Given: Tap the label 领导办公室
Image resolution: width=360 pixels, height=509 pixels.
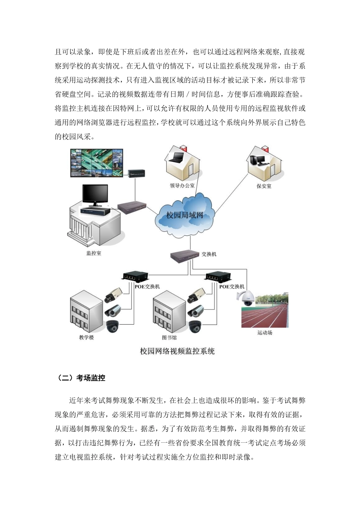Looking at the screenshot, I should click(182, 186).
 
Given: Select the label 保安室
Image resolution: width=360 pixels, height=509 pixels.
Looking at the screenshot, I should click(264, 186).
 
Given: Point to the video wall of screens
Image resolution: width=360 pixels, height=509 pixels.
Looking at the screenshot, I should click(97, 163).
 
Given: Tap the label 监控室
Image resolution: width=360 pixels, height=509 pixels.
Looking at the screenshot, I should click(94, 253).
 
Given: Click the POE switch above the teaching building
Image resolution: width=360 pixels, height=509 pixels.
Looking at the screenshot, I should click(135, 276).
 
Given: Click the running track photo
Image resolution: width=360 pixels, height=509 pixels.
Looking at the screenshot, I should click(265, 311).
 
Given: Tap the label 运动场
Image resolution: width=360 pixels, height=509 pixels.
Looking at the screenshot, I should click(265, 333).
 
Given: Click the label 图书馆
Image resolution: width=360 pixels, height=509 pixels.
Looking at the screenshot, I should click(169, 337).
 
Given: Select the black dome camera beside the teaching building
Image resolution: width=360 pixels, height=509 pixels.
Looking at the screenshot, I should click(113, 326).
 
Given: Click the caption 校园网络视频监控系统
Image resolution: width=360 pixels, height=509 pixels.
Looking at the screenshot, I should click(177, 351).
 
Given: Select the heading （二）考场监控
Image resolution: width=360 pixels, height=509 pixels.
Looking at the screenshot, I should click(81, 378).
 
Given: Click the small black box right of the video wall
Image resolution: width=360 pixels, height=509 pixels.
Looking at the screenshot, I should click(137, 173).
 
